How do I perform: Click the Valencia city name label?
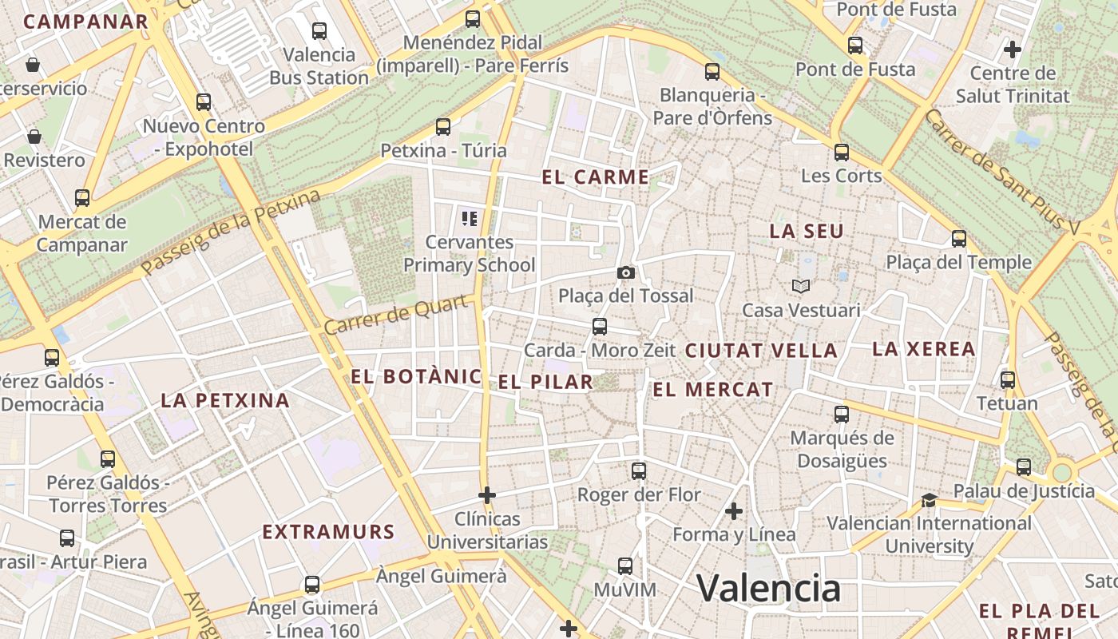tap(769, 589)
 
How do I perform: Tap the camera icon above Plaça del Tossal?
tap(626, 273)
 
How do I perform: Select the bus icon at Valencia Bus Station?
tap(319, 31)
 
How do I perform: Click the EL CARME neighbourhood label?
tap(596, 177)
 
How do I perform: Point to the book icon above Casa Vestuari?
tap(800, 286)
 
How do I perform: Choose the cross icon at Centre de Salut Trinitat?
tap(1013, 50)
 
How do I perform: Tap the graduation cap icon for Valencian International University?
tap(928, 500)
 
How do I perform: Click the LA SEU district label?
tap(807, 232)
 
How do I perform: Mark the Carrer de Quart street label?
tap(396, 316)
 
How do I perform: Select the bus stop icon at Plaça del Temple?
tap(959, 238)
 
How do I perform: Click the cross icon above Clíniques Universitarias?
tap(487, 495)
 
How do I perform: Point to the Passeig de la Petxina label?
tap(232, 232)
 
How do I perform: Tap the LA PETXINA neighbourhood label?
tap(225, 400)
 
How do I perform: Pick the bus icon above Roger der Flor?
tap(639, 471)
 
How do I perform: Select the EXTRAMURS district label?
tap(328, 532)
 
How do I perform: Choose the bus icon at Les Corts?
tap(842, 152)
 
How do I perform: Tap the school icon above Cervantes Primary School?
tap(470, 218)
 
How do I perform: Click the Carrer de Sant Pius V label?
tap(1001, 171)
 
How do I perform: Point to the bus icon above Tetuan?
tap(1008, 379)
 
